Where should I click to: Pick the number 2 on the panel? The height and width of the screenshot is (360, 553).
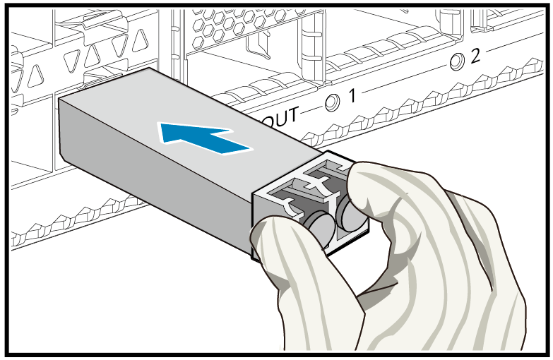pos(475,55)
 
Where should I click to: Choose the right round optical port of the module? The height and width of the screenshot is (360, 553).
pos(347,211)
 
